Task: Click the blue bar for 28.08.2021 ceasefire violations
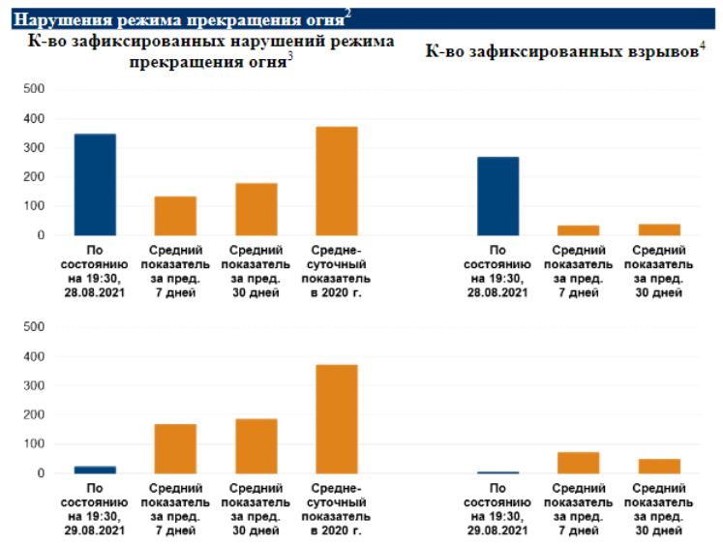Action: click(x=95, y=185)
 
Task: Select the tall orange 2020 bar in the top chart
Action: click(x=336, y=181)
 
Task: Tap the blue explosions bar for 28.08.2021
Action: click(x=497, y=197)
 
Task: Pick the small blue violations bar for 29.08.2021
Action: click(x=95, y=470)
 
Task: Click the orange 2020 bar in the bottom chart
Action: click(x=336, y=419)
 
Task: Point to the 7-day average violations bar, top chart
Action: click(x=175, y=216)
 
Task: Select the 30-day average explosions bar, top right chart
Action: click(x=659, y=230)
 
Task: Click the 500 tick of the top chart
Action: click(x=34, y=89)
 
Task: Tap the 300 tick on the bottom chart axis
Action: click(x=34, y=386)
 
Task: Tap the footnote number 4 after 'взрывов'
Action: click(x=701, y=45)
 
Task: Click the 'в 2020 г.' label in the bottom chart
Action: click(x=336, y=531)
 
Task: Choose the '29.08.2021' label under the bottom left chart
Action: click(x=95, y=531)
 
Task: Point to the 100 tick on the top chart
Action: click(x=34, y=206)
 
